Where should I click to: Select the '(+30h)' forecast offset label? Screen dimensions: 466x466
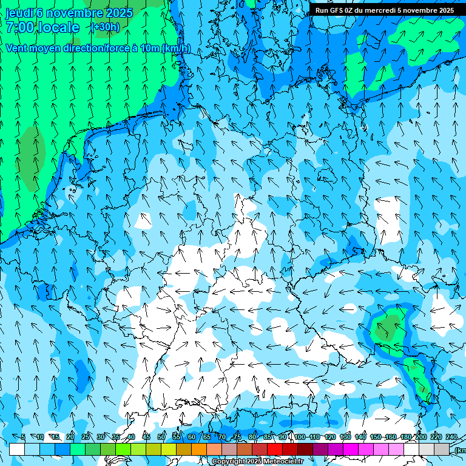tap(105, 27)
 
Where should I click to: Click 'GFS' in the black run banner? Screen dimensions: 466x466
tap(337, 10)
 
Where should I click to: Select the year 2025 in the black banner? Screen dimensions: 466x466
tap(445, 10)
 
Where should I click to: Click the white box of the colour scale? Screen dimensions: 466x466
tap(17, 449)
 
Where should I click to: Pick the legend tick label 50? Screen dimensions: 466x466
tap(161, 437)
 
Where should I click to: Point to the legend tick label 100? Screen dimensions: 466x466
tap(299, 437)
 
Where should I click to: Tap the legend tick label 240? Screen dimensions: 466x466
tap(451, 437)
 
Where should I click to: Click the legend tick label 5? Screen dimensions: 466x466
tap(23, 437)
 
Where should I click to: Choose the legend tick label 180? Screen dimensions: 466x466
tap(405, 437)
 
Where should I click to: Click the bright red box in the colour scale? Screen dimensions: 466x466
tap(275, 449)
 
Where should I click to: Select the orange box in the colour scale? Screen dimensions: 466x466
tap(199, 449)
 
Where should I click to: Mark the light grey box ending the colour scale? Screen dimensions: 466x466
tap(442, 449)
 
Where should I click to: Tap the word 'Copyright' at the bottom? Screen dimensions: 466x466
tap(229, 461)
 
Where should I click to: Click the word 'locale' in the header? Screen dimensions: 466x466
tap(59, 27)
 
